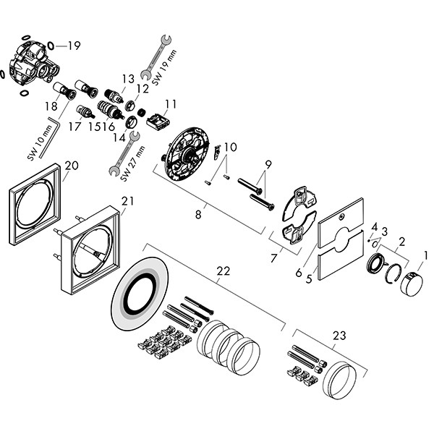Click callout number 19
(x=74, y=46)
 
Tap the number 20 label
(x=72, y=166)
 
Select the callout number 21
(x=127, y=201)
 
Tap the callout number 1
(x=426, y=255)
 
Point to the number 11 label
(x=171, y=104)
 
